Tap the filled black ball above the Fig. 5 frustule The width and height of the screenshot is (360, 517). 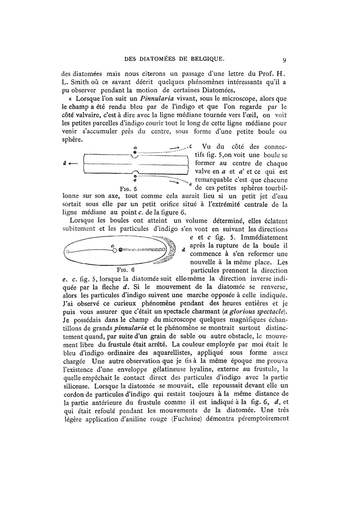[x=135, y=152]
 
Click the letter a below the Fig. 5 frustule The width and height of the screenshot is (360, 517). [x=135, y=180]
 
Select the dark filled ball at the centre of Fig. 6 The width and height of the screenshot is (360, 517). [x=120, y=251]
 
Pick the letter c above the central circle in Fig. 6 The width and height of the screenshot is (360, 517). [x=112, y=245]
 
